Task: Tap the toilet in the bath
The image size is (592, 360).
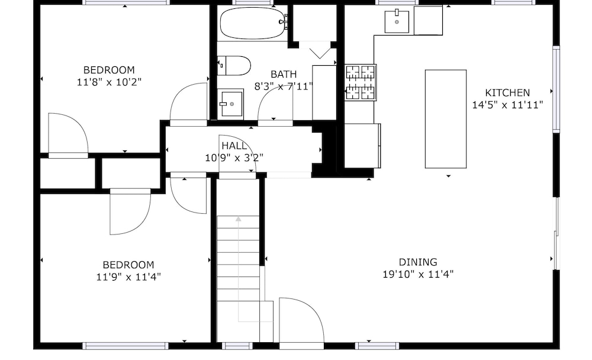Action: point(234,66)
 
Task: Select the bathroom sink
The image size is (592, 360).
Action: point(230,104)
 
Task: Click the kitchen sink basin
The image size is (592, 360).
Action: point(397,22)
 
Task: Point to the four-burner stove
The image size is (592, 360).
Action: point(361,82)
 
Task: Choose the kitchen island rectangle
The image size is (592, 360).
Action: point(446,119)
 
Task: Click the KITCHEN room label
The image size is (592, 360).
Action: point(507,92)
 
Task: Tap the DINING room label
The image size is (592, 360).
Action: point(418,262)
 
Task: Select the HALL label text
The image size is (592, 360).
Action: point(234,146)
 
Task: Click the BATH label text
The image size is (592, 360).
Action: point(284,74)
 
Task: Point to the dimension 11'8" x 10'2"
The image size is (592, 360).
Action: point(109,82)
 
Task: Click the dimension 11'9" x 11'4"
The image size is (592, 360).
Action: point(128,277)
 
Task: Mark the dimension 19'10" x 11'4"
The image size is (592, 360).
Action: point(418,274)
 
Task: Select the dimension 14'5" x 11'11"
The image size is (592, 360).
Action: point(507,105)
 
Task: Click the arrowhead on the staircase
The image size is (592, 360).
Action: point(238,218)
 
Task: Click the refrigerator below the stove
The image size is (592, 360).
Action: point(362,146)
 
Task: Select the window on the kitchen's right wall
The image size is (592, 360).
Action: point(556,89)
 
